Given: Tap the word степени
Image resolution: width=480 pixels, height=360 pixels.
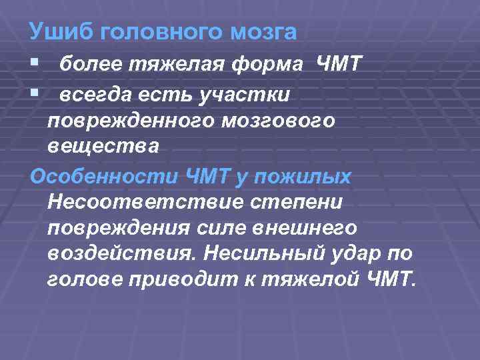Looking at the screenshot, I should tap(294, 201).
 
